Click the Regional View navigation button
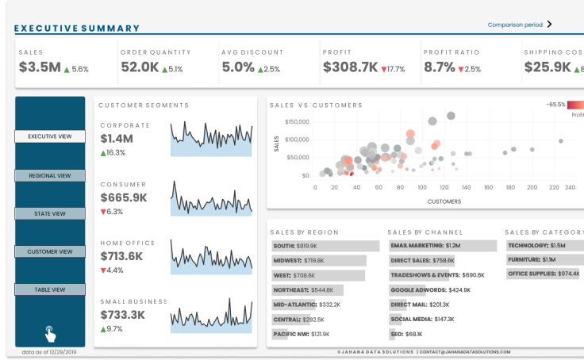click(x=50, y=175)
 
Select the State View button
click(x=50, y=213)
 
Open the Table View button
click(x=50, y=289)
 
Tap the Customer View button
click(x=50, y=251)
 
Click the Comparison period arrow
click(x=549, y=25)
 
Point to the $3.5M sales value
click(x=40, y=67)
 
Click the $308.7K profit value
click(x=350, y=67)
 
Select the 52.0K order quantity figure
click(x=140, y=67)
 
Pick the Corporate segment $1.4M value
click(x=117, y=139)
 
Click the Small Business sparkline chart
click(x=211, y=316)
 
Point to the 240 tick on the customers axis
click(x=570, y=187)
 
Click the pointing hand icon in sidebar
click(x=50, y=332)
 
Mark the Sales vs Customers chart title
click(x=316, y=105)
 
